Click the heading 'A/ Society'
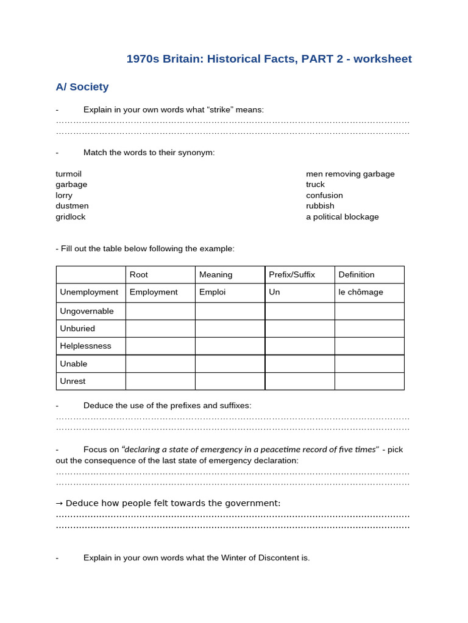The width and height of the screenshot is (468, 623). (x=82, y=87)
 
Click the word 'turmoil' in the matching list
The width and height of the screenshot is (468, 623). (x=69, y=174)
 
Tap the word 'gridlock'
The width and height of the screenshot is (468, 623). (x=71, y=217)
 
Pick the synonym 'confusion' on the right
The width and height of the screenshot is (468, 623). (x=324, y=195)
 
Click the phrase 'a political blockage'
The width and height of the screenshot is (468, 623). (x=342, y=217)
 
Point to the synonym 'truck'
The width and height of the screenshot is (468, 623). (x=316, y=184)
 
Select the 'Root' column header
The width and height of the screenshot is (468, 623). (x=139, y=275)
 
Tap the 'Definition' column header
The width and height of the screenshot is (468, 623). (x=356, y=275)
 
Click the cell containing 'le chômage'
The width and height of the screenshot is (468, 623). (x=361, y=292)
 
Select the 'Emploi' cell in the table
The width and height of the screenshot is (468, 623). (x=213, y=292)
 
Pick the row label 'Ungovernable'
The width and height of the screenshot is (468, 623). (x=87, y=311)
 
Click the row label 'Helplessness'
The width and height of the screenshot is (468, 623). (x=86, y=346)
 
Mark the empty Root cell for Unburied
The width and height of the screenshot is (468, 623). (x=160, y=329)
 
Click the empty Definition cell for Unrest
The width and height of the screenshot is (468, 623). (x=369, y=381)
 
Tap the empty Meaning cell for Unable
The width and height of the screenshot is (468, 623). (x=230, y=364)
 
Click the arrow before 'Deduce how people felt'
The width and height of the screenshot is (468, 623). (x=59, y=503)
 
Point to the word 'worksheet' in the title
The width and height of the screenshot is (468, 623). (x=383, y=59)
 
